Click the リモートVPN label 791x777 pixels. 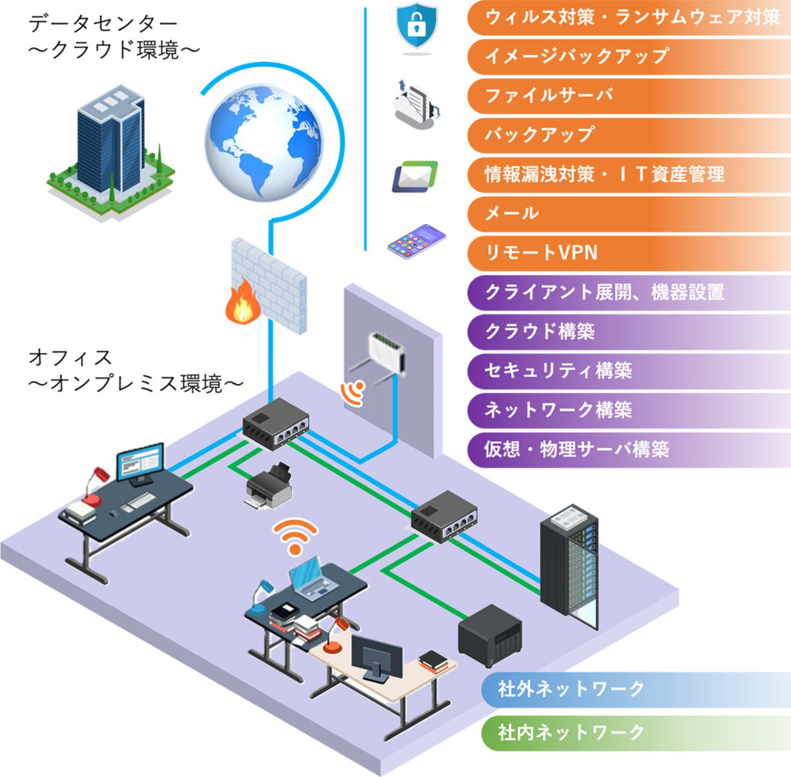pyautogui.click(x=541, y=252)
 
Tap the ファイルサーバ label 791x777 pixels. pyautogui.click(x=548, y=95)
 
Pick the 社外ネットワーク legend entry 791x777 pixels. pyautogui.click(x=572, y=689)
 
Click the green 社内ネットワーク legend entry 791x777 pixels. pyautogui.click(x=572, y=731)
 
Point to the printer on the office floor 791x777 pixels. pyautogui.click(x=269, y=486)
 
